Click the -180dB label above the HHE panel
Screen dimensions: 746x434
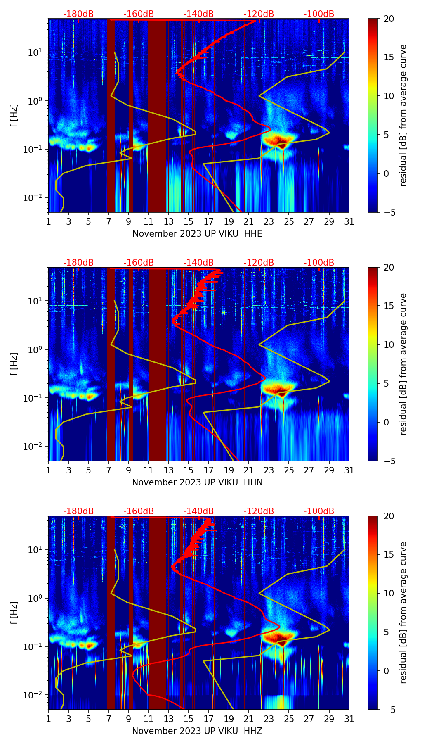[78, 14]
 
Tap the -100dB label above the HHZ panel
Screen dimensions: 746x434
[319, 511]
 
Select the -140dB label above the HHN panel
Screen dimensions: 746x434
[198, 263]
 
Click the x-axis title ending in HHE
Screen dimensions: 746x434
[197, 234]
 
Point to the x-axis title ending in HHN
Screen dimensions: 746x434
[197, 482]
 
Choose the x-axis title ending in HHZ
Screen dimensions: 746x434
[197, 731]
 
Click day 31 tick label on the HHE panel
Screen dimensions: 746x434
[349, 221]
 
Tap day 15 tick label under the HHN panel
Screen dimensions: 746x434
[189, 470]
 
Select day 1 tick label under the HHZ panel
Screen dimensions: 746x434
[48, 719]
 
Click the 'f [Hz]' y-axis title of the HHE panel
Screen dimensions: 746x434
[14, 115]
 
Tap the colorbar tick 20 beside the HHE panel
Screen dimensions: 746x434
[389, 19]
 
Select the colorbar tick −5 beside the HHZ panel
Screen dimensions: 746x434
[389, 710]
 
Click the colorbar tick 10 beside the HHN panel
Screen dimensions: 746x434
[389, 344]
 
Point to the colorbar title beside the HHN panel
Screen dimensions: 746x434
[403, 364]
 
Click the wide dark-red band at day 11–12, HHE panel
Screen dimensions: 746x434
[157, 116]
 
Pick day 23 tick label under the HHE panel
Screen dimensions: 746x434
[269, 221]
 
